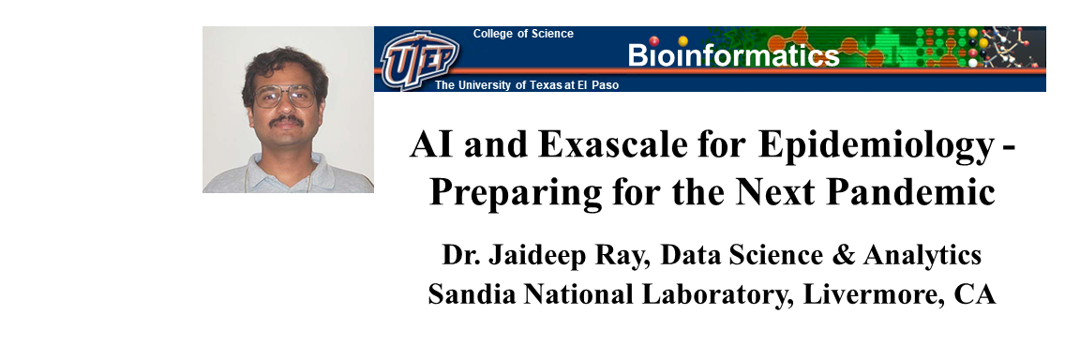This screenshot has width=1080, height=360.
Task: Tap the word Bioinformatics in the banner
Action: coord(733,55)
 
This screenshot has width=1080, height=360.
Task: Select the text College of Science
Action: coord(522,34)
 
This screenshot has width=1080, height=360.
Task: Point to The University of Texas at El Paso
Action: coord(527,84)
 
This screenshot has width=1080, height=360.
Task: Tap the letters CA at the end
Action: coord(974,292)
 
